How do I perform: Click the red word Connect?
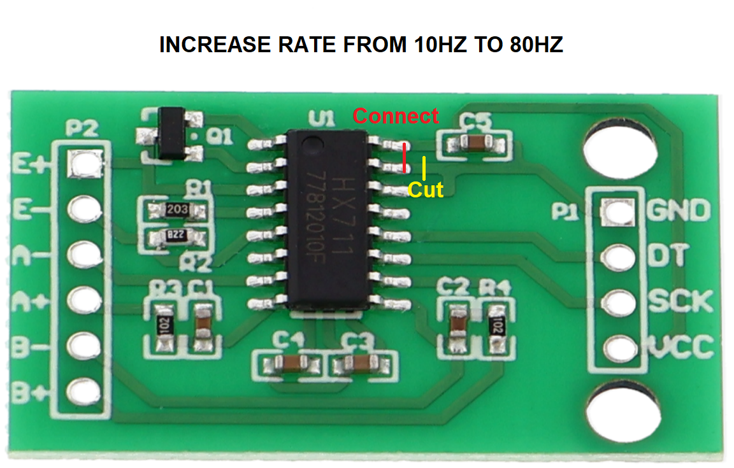pyautogui.click(x=396, y=116)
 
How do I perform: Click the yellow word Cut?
pyautogui.click(x=425, y=189)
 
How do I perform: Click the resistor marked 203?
pyautogui.click(x=176, y=209)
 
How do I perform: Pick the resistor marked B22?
pyautogui.click(x=175, y=238)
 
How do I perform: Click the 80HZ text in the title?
pyautogui.click(x=536, y=45)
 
